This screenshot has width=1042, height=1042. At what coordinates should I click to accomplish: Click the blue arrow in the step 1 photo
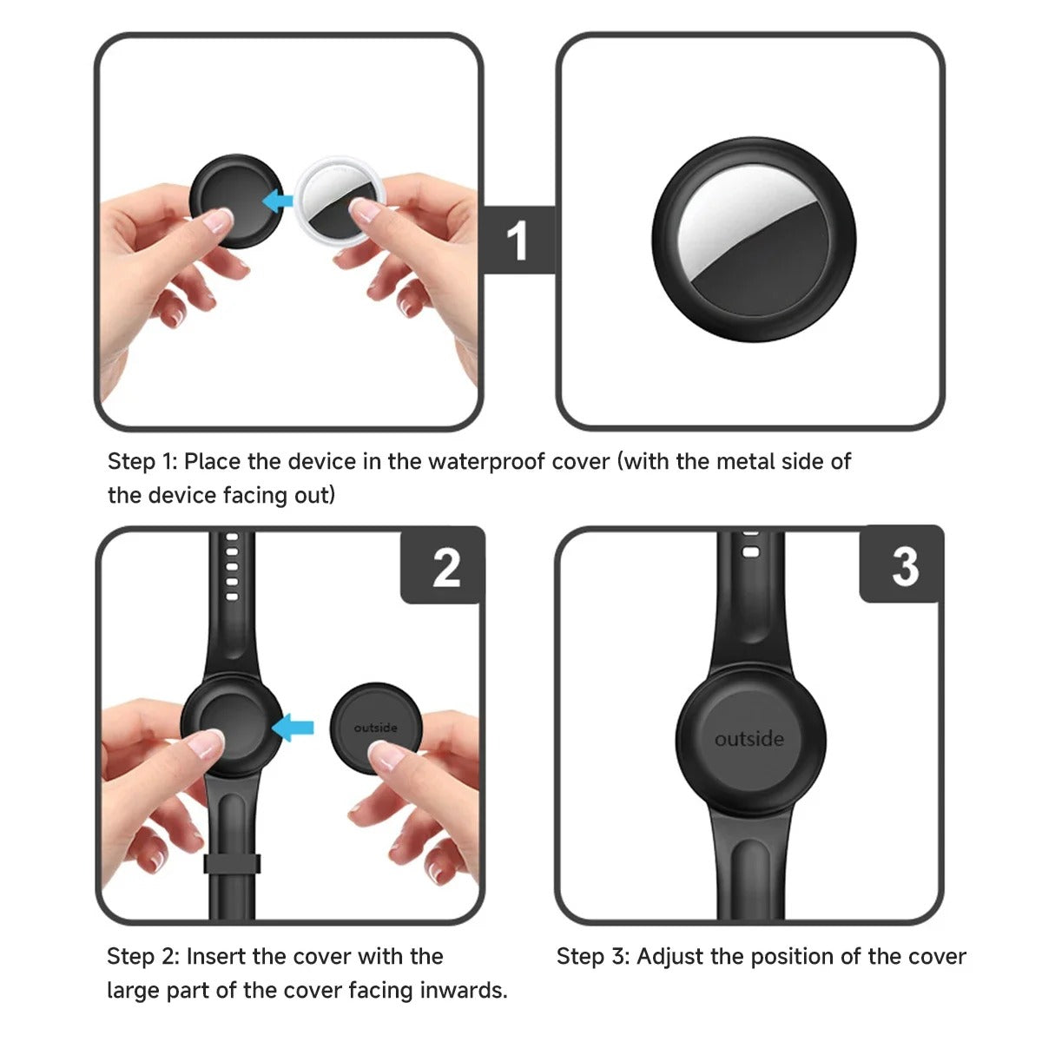tap(277, 201)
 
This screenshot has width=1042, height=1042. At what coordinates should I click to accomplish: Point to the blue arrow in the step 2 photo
tap(293, 728)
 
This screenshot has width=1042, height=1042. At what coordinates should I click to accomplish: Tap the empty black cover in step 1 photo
tap(236, 201)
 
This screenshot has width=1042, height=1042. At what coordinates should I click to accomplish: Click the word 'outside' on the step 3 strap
tap(749, 739)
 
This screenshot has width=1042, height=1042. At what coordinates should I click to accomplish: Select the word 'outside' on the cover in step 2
tap(375, 728)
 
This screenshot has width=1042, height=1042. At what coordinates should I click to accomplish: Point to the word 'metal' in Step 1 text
tap(743, 461)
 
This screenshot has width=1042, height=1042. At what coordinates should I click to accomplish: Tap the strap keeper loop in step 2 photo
tap(232, 863)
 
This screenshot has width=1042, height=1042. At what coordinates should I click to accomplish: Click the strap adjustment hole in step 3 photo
tap(751, 552)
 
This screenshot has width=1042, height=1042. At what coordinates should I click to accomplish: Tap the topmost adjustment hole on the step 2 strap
tap(232, 537)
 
